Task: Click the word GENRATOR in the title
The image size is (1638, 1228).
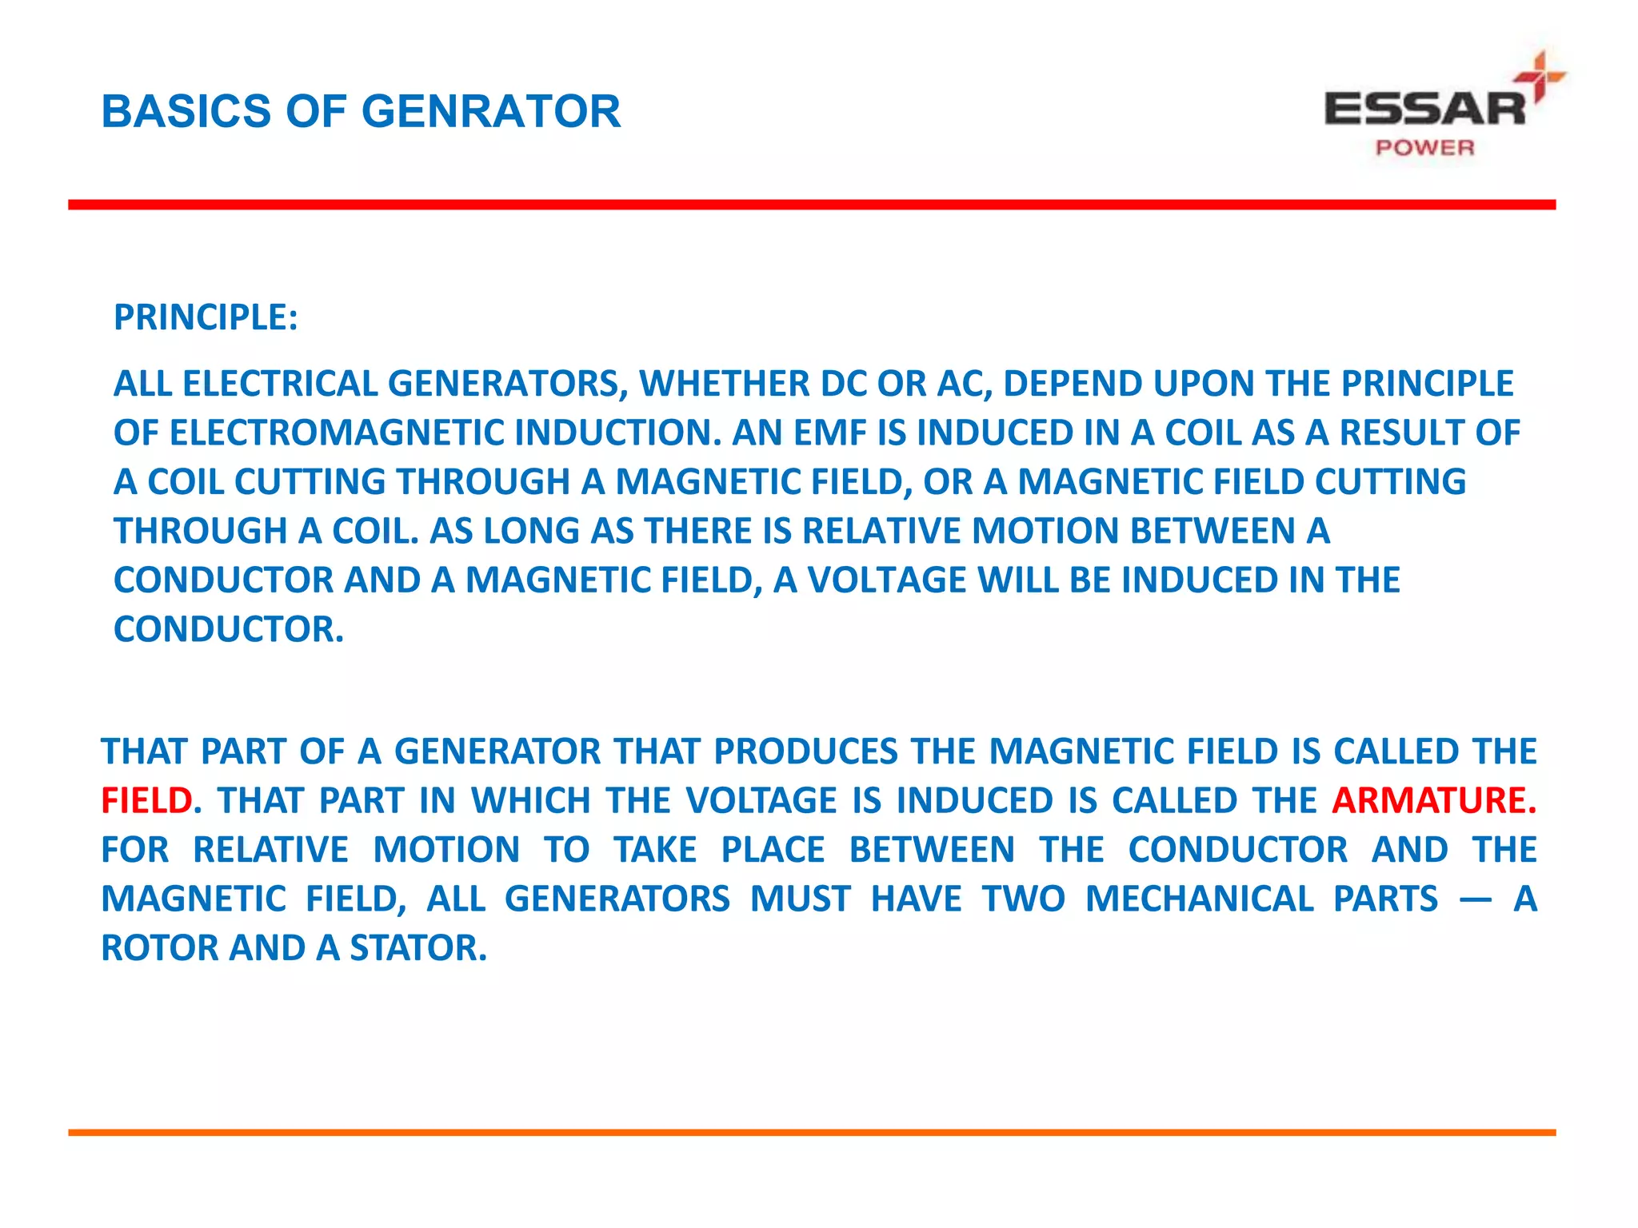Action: point(490,111)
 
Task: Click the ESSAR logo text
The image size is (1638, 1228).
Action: point(1424,110)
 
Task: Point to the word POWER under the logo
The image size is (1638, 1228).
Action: point(1424,148)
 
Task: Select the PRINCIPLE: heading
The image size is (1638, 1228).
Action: point(206,317)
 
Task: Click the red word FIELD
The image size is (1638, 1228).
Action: point(146,801)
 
